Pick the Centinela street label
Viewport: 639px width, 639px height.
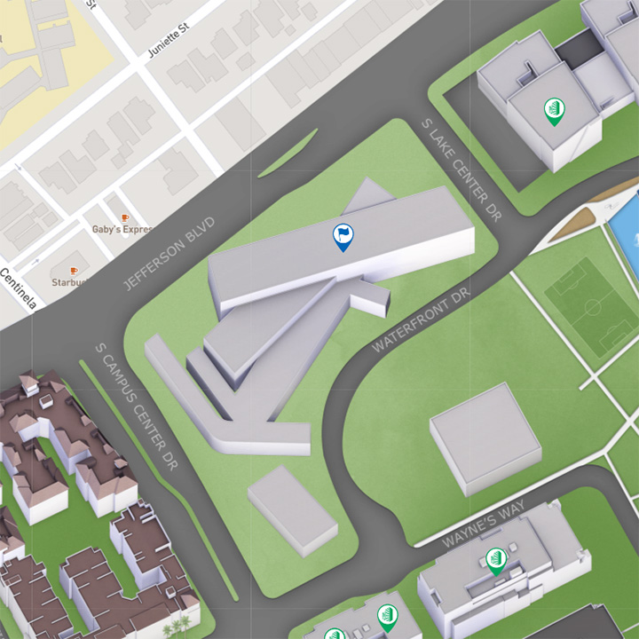click(x=18, y=289)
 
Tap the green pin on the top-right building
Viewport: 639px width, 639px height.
click(x=553, y=111)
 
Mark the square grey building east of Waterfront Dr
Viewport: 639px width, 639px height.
click(x=485, y=438)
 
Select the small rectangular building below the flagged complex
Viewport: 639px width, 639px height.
click(x=292, y=510)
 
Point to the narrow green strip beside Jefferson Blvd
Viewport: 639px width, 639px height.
click(x=288, y=154)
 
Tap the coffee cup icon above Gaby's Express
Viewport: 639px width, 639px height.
click(x=124, y=216)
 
